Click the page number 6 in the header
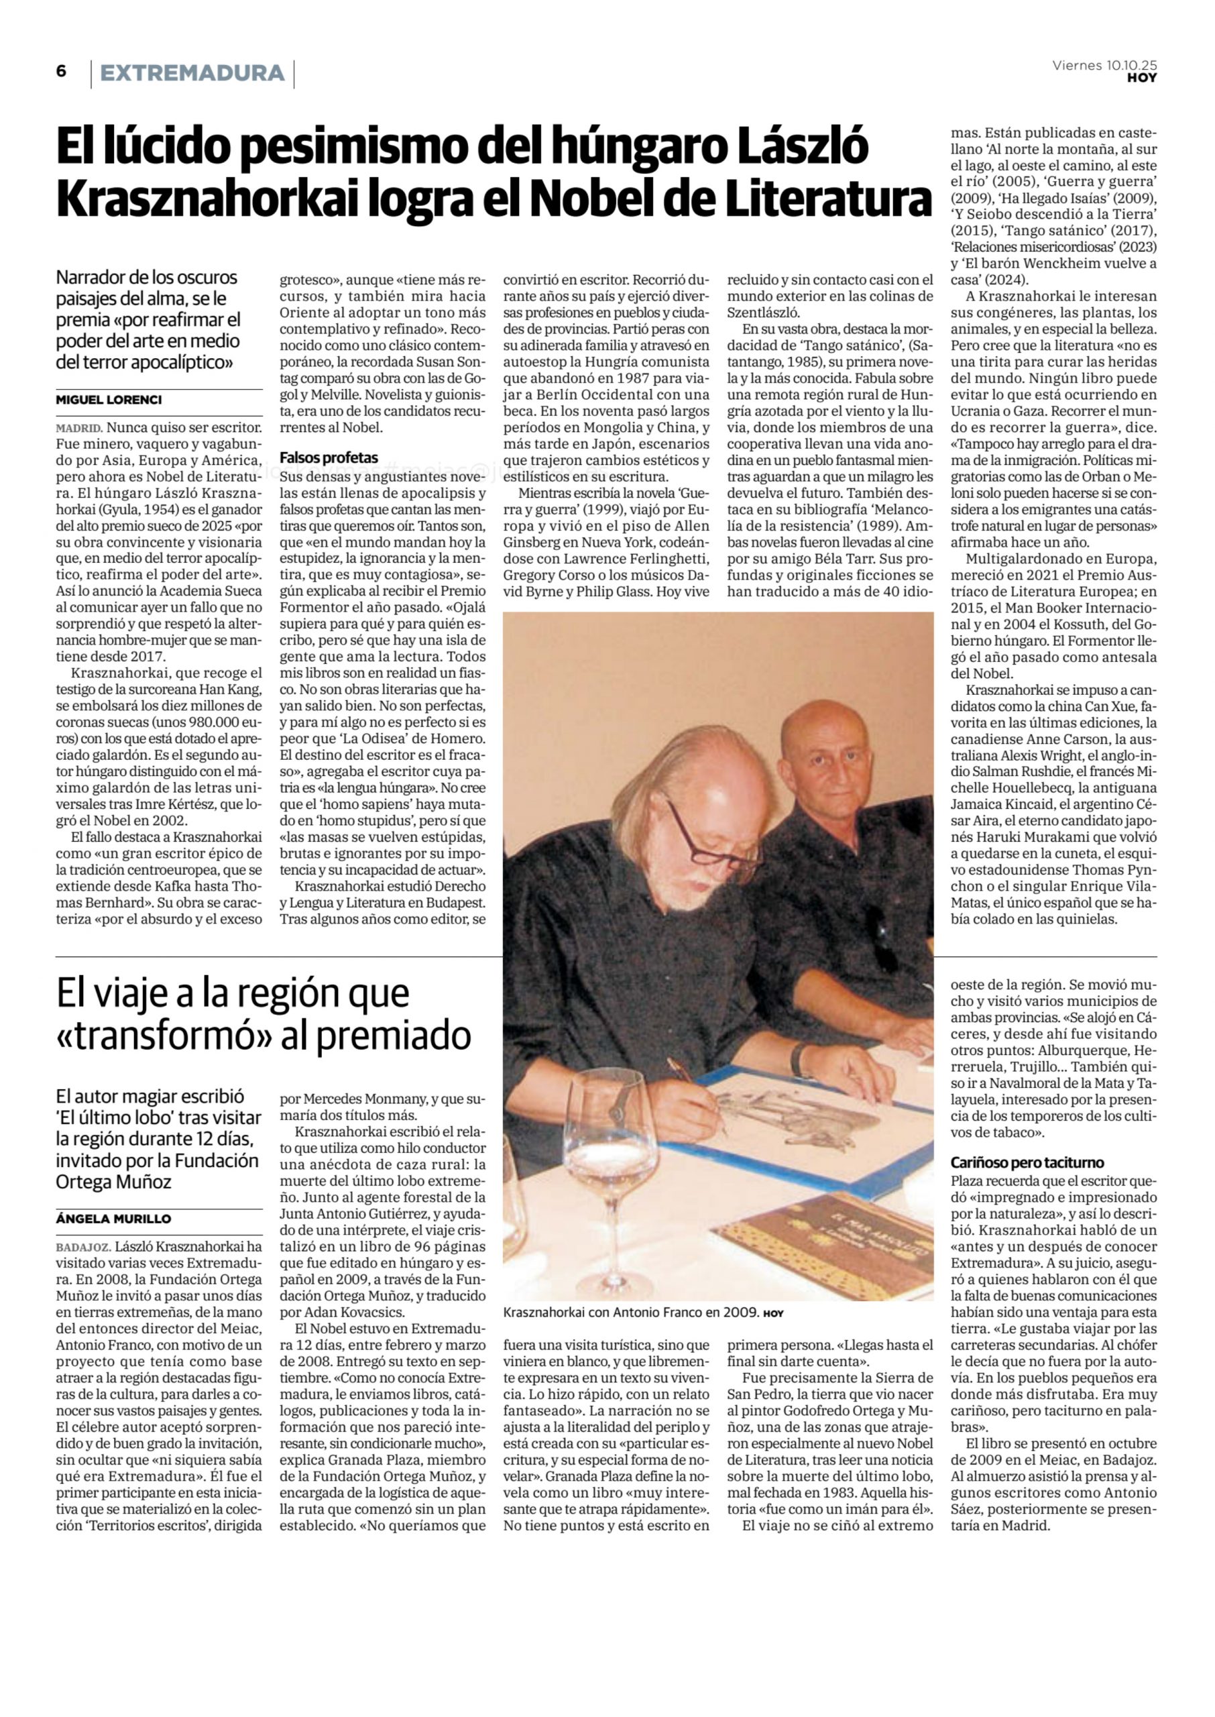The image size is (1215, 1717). tap(61, 71)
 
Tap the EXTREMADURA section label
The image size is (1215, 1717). tap(192, 73)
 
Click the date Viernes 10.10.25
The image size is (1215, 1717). tap(1104, 65)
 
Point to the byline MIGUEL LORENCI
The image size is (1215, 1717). tap(109, 400)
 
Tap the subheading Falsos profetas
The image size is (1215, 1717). tap(329, 457)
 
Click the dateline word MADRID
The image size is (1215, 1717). tap(78, 429)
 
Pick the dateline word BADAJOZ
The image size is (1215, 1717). tap(84, 1246)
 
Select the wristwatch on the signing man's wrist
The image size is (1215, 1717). tap(800, 1058)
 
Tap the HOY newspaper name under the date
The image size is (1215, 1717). tap(1142, 78)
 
